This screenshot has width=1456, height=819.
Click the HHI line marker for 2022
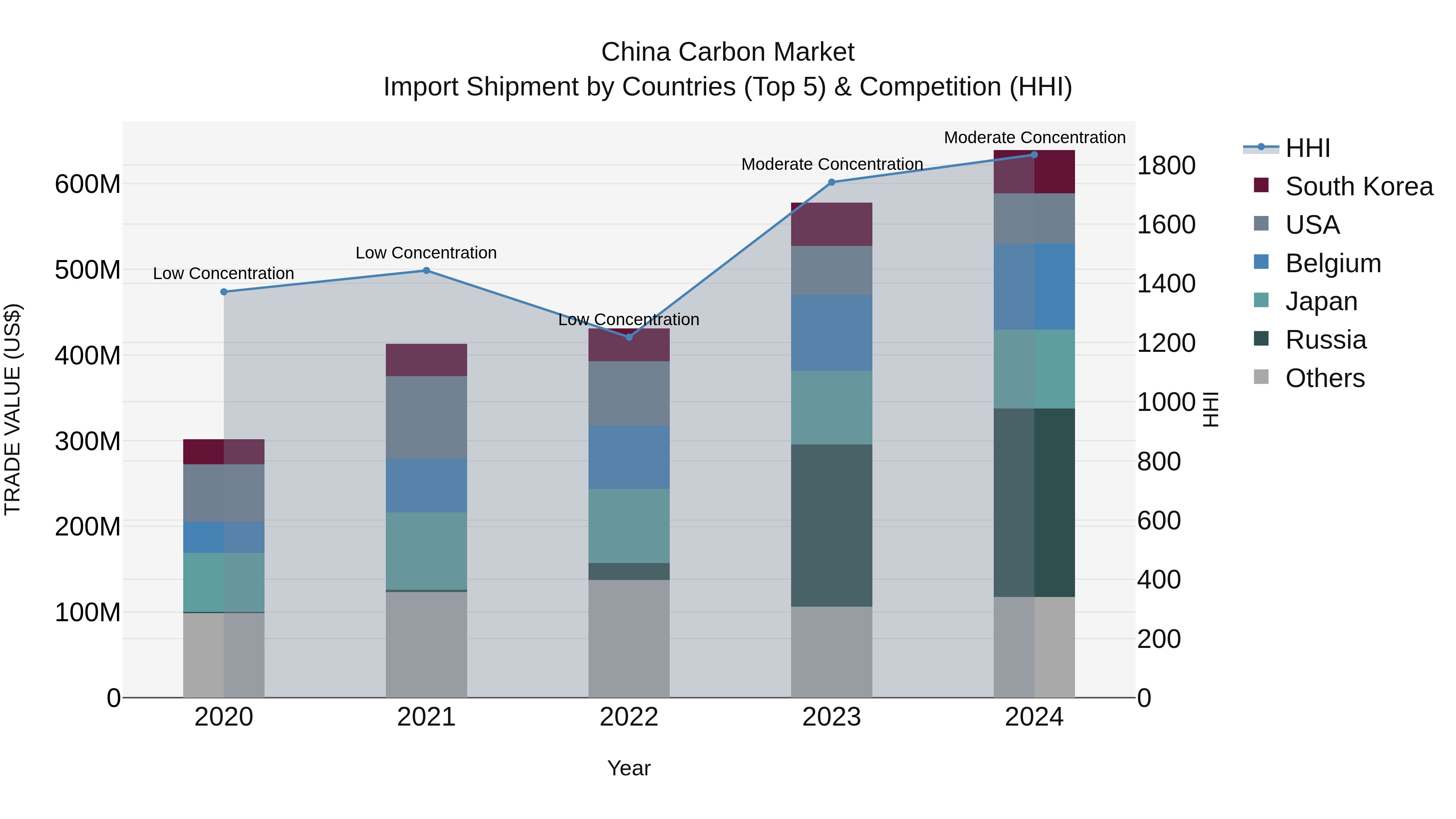click(x=629, y=337)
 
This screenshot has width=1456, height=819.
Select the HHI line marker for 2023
click(x=832, y=182)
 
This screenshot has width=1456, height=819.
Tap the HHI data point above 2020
click(x=224, y=292)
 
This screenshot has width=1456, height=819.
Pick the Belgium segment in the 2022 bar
click(x=629, y=457)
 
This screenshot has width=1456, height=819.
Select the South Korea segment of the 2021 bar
click(x=426, y=360)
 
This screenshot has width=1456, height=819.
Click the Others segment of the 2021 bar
click(x=426, y=644)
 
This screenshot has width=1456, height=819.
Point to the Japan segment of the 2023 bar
click(x=832, y=408)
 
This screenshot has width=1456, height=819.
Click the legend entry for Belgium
click(x=1332, y=263)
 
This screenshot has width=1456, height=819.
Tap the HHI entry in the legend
click(x=1307, y=148)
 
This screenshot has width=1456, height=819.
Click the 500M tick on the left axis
click(x=88, y=270)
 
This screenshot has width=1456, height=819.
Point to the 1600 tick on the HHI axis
click(x=1166, y=224)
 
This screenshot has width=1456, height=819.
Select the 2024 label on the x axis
click(x=1034, y=717)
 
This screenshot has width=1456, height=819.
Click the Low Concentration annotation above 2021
click(x=426, y=253)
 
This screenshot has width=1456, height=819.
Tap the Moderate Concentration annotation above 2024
click(x=1034, y=138)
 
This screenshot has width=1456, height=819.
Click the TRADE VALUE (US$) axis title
click(x=13, y=409)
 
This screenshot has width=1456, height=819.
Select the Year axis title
click(x=629, y=768)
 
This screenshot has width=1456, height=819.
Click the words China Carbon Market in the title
click(x=728, y=52)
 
